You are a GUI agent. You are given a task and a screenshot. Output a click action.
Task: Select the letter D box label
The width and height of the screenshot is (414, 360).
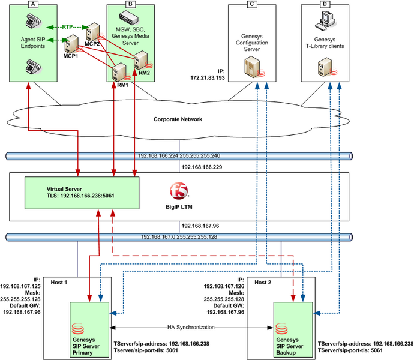click(325, 4)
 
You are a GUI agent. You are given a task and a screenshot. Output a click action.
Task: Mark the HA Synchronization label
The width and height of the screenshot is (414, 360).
click(191, 328)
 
